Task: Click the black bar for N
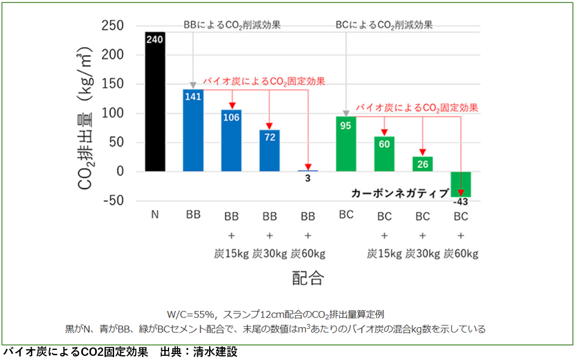[155, 101]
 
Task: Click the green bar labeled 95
[346, 144]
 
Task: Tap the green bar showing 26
[422, 164]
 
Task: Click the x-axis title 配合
[308, 278]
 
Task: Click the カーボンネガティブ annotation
[400, 193]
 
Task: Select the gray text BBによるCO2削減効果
[232, 25]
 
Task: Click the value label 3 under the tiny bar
[308, 178]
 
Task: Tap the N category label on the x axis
[154, 216]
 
